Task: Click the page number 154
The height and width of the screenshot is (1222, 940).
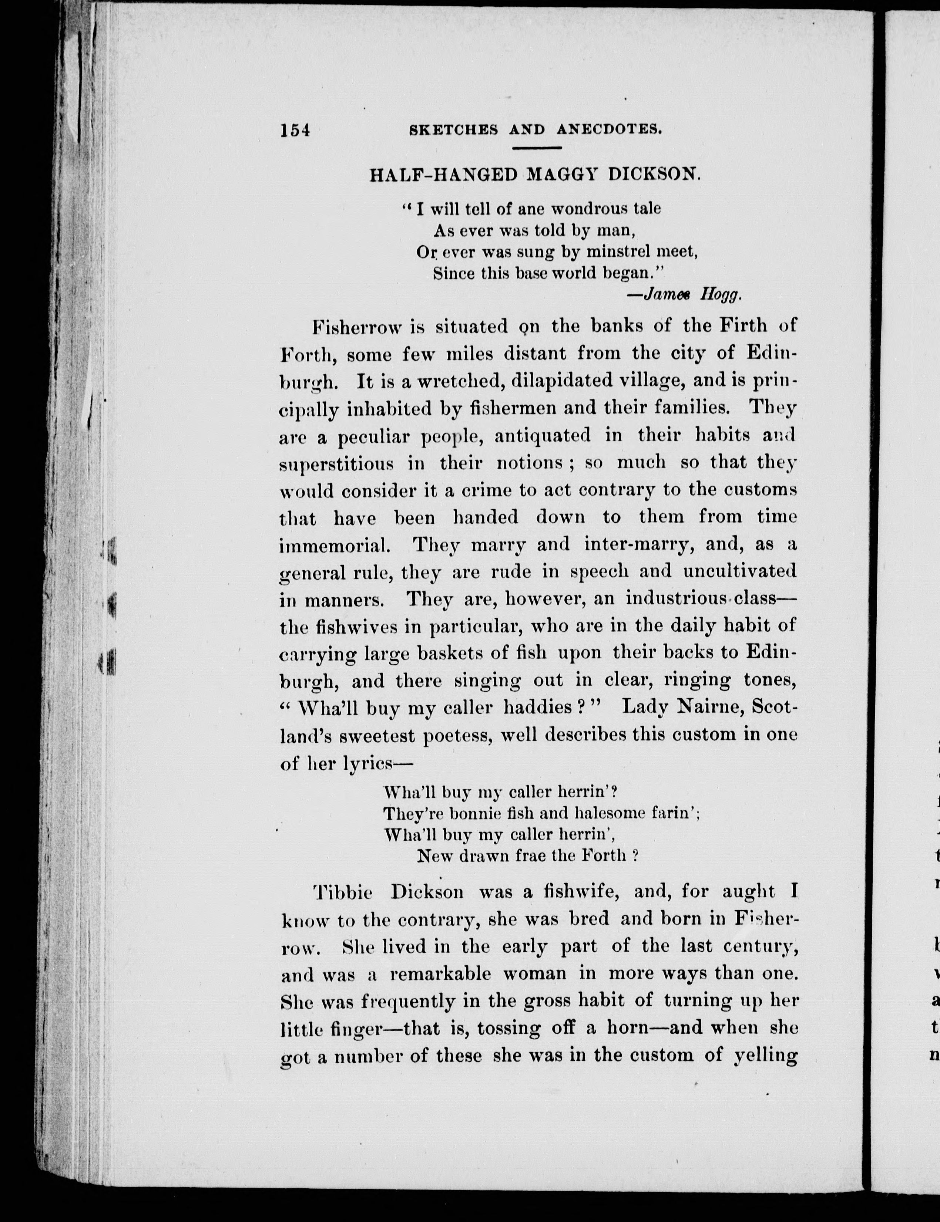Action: click(x=295, y=130)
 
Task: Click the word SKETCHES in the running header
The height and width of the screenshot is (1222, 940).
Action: click(x=454, y=130)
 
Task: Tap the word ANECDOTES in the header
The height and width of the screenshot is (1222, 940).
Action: click(x=609, y=130)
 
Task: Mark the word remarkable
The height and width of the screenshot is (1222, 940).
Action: click(x=440, y=974)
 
